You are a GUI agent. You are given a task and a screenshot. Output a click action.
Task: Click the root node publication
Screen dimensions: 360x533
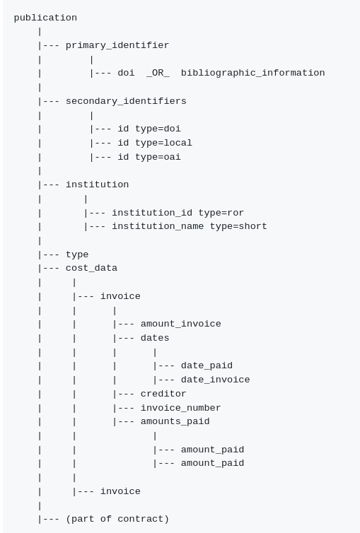(x=45, y=18)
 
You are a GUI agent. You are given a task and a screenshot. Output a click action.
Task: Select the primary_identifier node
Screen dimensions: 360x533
(x=117, y=45)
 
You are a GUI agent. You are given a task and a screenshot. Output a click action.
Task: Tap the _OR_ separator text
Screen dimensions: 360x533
(x=158, y=73)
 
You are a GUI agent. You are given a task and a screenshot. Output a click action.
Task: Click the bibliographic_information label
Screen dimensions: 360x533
(x=252, y=73)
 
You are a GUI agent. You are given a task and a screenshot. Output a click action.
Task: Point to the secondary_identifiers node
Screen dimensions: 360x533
(x=126, y=101)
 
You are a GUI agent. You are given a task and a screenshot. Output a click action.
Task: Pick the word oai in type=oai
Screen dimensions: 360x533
(x=172, y=157)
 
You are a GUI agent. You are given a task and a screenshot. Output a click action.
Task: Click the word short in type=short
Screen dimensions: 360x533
(x=252, y=226)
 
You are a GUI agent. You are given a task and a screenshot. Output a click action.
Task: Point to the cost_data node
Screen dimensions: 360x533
(x=91, y=268)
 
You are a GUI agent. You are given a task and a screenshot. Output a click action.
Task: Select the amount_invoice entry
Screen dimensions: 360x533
(x=180, y=324)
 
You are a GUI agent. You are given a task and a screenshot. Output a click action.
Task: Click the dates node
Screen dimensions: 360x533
(x=155, y=338)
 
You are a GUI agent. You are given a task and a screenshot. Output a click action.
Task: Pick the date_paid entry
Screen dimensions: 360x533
(x=207, y=365)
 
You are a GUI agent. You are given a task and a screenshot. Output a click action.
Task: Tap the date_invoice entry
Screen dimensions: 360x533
(x=215, y=380)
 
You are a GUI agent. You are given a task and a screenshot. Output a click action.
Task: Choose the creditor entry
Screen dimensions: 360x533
(x=163, y=394)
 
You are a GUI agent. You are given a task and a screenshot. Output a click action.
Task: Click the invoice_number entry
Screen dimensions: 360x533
(x=180, y=408)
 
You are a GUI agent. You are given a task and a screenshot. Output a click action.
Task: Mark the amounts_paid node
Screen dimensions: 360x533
(x=175, y=421)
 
